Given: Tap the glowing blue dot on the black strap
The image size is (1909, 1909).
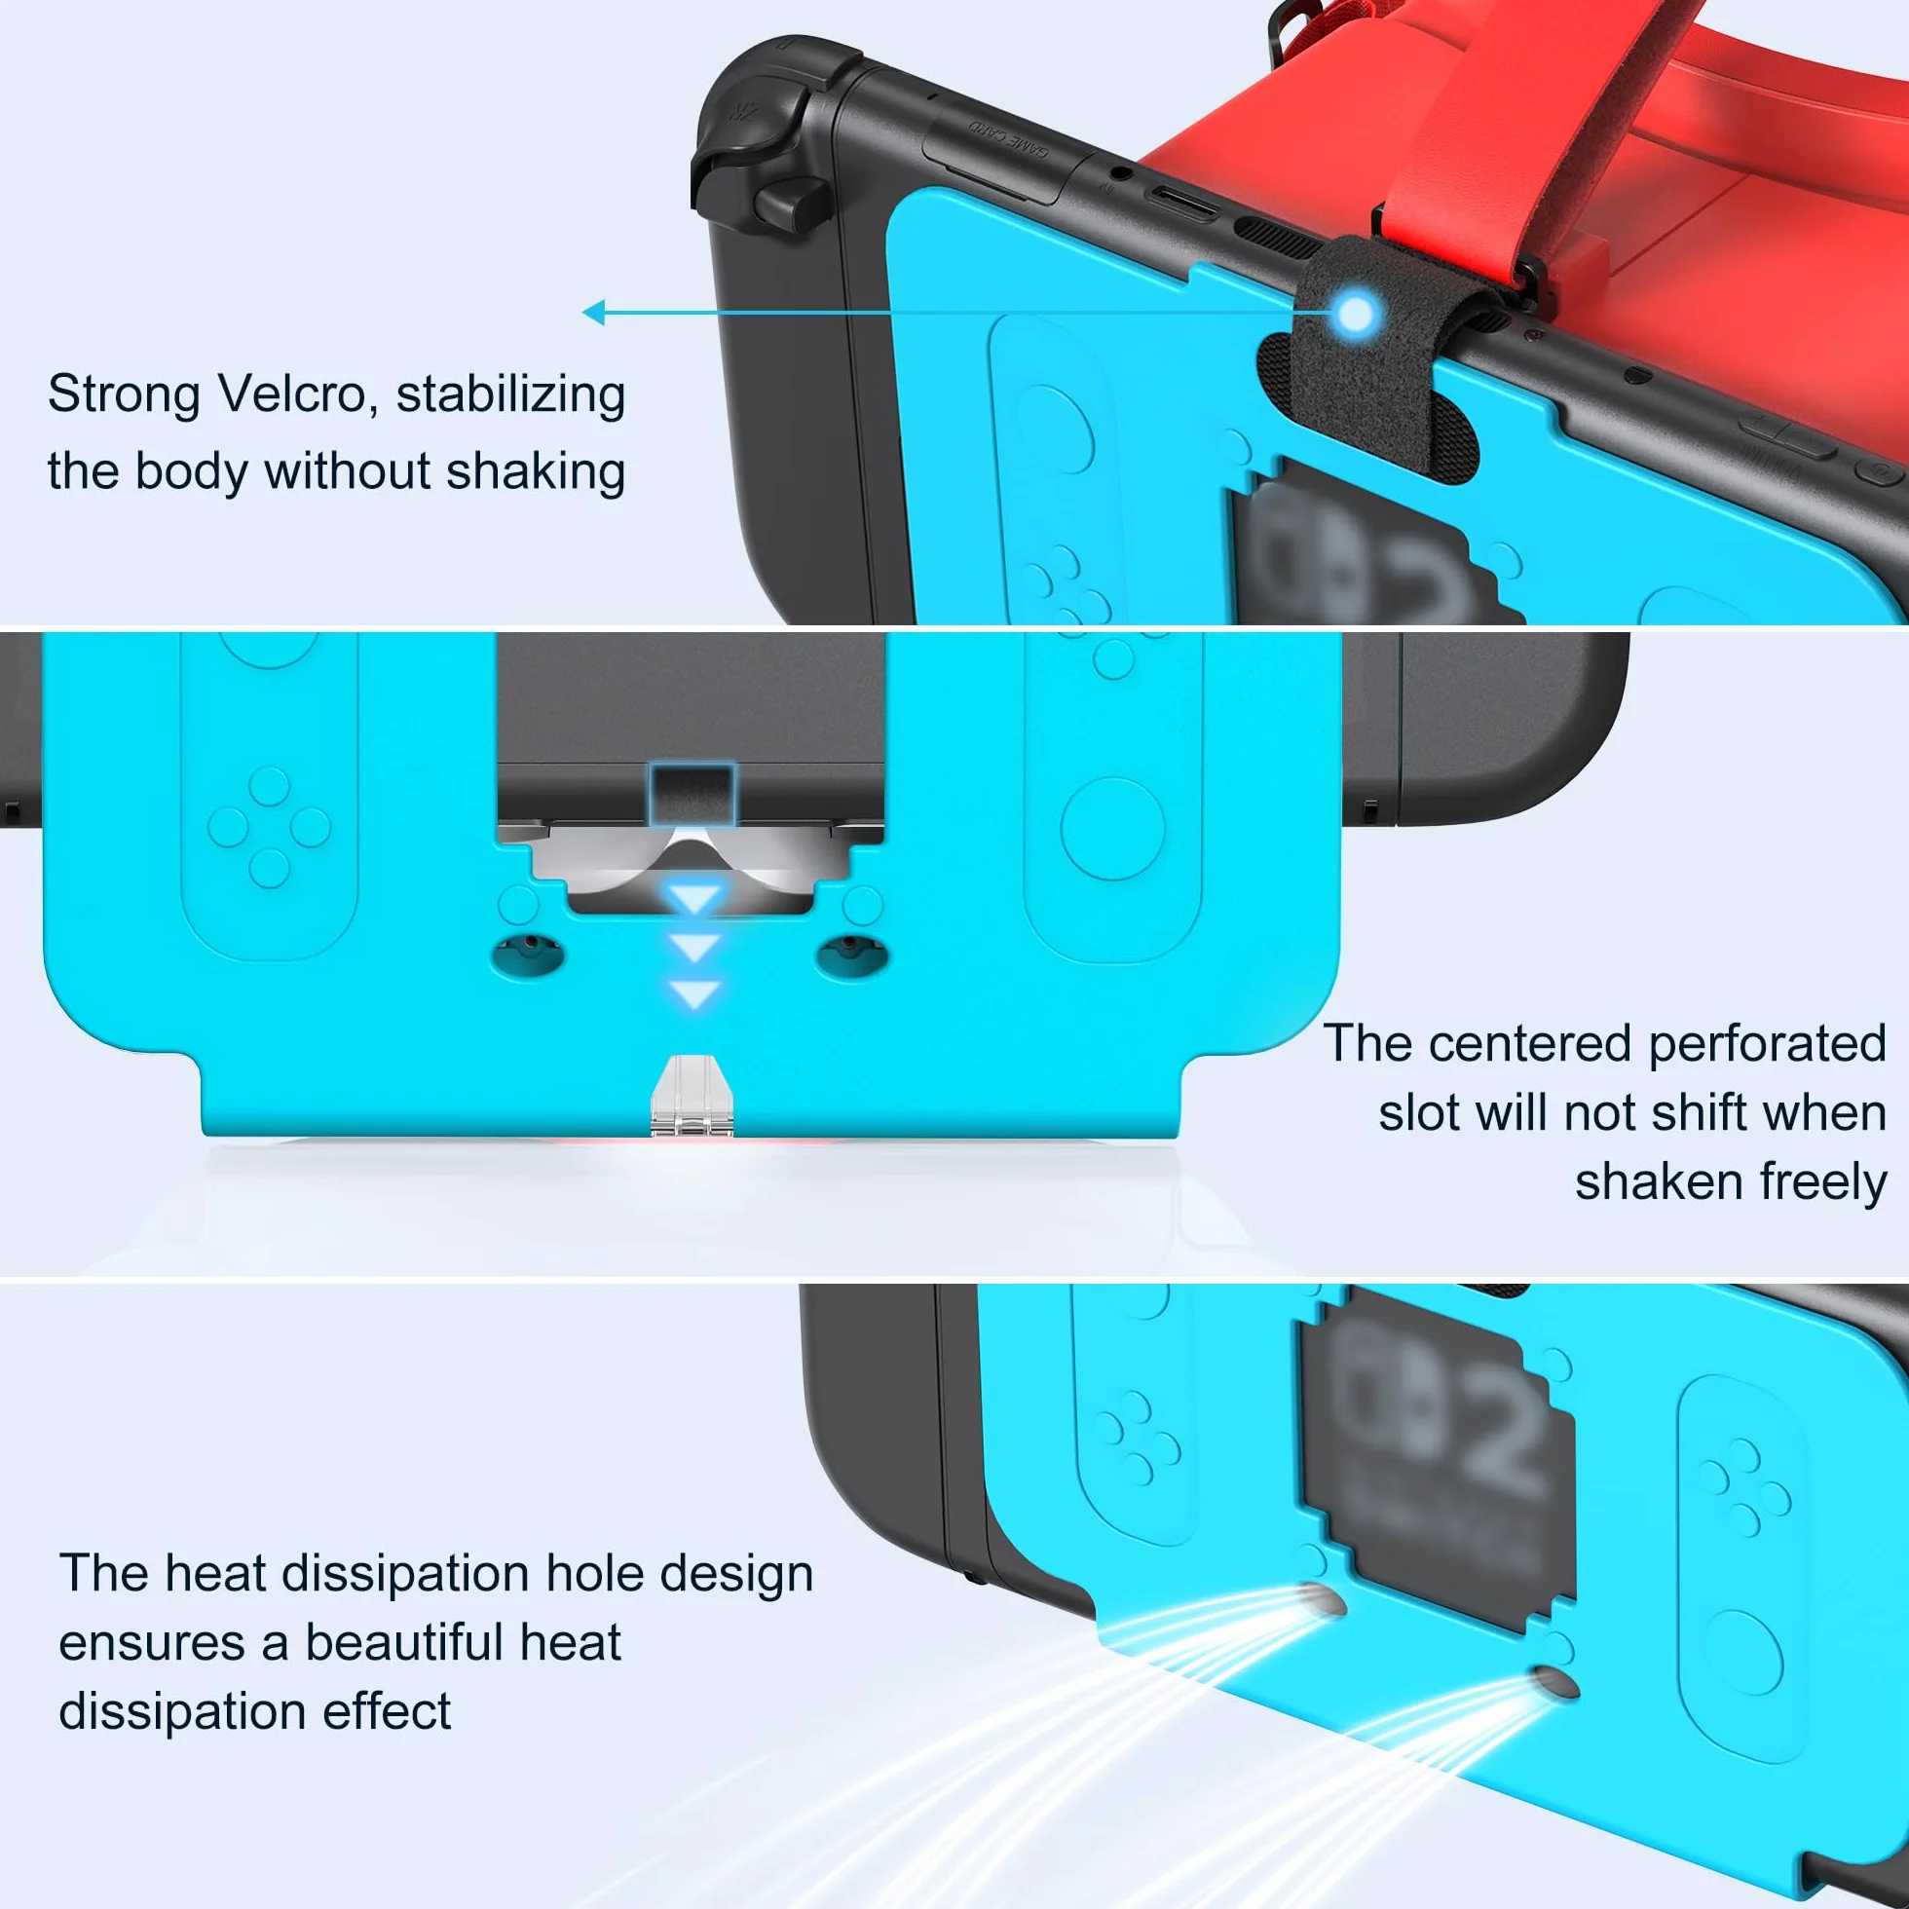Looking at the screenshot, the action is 1358,315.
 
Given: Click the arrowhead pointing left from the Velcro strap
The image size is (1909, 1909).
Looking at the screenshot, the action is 593,314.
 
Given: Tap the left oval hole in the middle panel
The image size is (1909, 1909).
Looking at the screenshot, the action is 529,953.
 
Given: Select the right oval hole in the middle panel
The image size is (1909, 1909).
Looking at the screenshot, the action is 851,953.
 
